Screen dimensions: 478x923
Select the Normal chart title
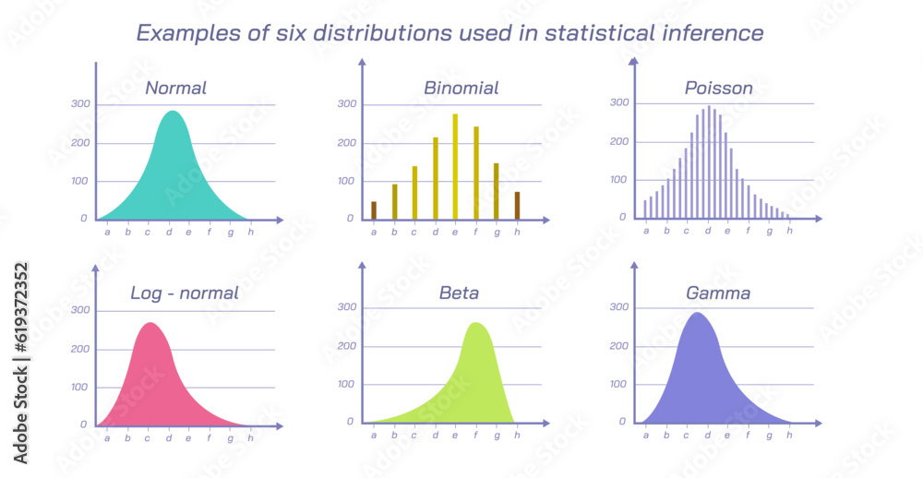pos(175,89)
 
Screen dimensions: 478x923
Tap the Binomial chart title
pos(461,89)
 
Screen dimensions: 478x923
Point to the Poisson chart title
pos(718,89)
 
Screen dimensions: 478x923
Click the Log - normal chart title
pos(184,293)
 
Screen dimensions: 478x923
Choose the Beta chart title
pos(459,293)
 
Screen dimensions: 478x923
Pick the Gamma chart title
pos(717,293)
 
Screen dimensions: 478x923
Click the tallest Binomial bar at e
pos(455,166)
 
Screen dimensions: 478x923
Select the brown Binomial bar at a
pos(374,210)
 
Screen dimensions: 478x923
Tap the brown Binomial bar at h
pos(517,206)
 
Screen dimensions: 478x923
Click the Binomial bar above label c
pos(414,193)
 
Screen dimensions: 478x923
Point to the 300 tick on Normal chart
pos(80,103)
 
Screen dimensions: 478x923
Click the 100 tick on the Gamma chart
pos(619,383)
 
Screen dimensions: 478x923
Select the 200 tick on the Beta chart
pos(346,345)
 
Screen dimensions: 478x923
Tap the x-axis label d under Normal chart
pos(168,232)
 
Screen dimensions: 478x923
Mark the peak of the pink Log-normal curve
pos(150,324)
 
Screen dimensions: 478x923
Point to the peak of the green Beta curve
pos(476,324)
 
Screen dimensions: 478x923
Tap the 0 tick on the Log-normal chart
pos(84,424)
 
